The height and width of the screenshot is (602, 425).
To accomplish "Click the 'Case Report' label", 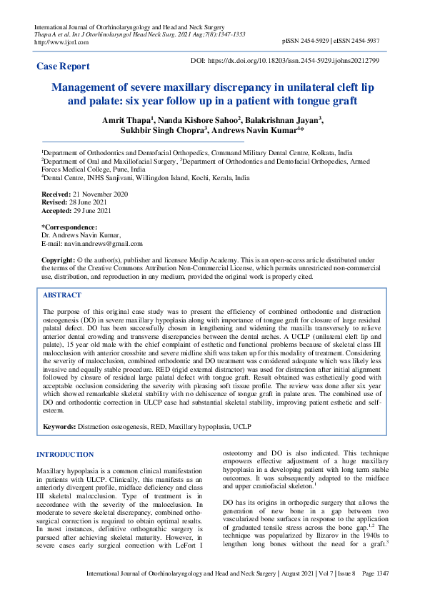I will (64, 66).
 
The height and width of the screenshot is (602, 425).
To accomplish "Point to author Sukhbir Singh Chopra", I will (166, 132).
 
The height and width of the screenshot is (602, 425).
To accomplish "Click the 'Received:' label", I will (56, 194).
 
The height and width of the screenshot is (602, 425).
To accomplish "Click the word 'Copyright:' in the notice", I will (58, 258).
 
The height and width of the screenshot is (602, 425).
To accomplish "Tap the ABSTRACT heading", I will (62, 295).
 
